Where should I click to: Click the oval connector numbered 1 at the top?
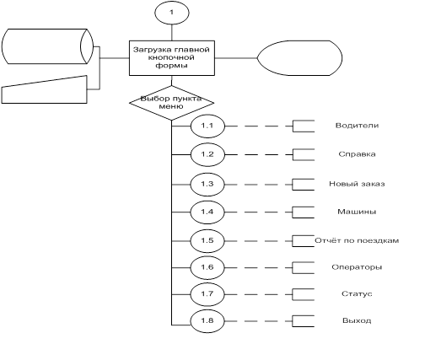172,13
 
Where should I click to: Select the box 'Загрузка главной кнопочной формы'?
172,58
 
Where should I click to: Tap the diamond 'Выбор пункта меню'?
172,103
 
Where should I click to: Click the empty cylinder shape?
47,46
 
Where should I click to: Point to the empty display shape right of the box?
299,58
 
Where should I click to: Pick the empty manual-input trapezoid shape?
45,89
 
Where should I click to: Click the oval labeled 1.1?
207,126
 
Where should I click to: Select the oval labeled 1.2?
207,154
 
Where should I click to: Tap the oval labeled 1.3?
207,185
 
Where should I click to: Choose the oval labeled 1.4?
207,212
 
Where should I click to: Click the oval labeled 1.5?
207,241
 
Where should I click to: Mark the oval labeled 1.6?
207,267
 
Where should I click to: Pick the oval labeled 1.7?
207,294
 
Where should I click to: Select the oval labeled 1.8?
207,321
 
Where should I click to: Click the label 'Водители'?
357,126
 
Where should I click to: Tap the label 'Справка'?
357,154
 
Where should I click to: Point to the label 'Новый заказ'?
357,184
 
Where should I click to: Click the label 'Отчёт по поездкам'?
357,240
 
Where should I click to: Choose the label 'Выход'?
357,320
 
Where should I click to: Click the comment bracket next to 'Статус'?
293,294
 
